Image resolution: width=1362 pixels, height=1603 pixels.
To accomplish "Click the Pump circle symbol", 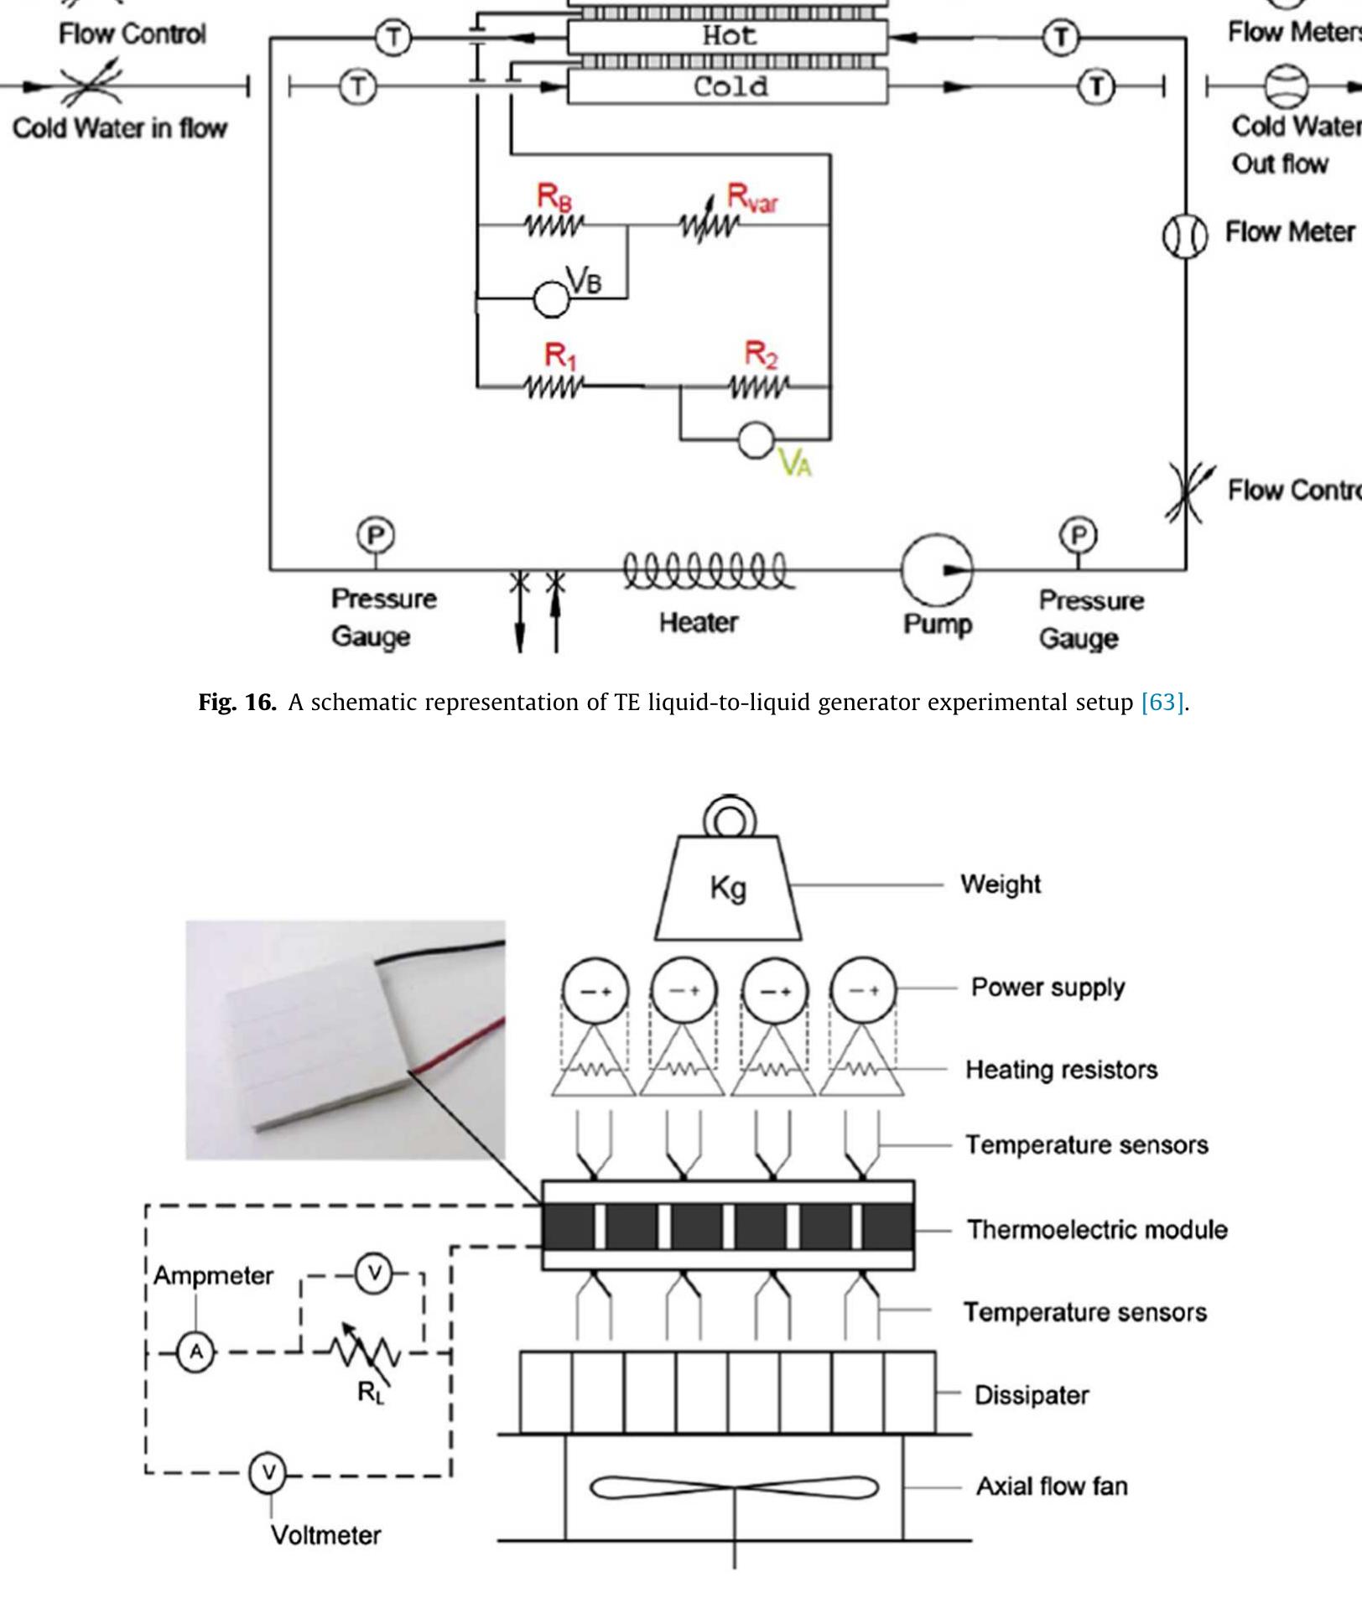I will [x=936, y=570].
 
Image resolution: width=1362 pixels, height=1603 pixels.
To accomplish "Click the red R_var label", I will [x=752, y=197].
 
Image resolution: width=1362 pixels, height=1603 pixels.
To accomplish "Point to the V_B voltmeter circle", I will [x=551, y=299].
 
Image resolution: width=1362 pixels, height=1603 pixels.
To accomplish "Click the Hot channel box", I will [x=727, y=36].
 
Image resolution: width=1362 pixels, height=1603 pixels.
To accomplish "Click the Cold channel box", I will [x=727, y=86].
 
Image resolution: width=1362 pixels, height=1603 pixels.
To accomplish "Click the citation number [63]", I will [x=1162, y=702].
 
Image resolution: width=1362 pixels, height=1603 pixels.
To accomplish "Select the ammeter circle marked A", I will [x=196, y=1351].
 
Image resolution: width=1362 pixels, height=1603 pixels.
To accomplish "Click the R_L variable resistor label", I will [x=370, y=1392].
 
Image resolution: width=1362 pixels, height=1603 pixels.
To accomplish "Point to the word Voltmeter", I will [x=325, y=1535].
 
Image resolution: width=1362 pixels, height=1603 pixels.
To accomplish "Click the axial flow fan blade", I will [x=735, y=1488].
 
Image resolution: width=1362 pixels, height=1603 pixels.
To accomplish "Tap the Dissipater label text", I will [x=1031, y=1395].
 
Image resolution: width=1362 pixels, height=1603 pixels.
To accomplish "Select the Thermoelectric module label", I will [x=1096, y=1230].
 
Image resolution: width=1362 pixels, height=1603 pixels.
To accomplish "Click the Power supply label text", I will [x=1047, y=987].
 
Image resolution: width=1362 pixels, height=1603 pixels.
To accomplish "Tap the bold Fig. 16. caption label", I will [x=237, y=702].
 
